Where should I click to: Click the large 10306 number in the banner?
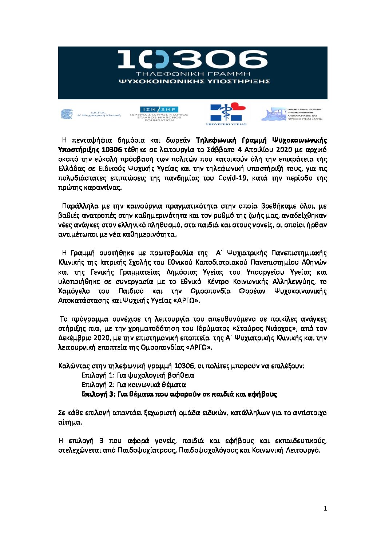[x=193, y=60]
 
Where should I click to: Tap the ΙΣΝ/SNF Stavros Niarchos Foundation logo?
[x=159, y=114]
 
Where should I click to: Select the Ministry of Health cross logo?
[x=226, y=113]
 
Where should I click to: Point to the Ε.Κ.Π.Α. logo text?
[x=98, y=113]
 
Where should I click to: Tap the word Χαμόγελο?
[x=74, y=291]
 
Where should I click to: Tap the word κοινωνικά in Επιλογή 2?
[x=142, y=385]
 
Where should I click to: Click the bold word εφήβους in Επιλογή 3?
[x=262, y=394]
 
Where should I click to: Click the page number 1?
[x=325, y=509]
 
